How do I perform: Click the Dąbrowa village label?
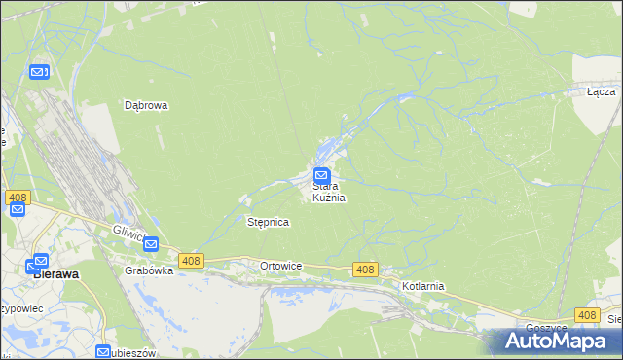pos(147,105)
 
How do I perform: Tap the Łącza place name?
pos(601,91)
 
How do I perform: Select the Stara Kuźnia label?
pos(329,192)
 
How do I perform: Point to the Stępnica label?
pos(268,222)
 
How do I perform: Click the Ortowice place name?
pos(281,266)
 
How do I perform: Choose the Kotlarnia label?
pos(422,286)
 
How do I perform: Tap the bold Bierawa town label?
pos(56,274)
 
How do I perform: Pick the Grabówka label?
pos(149,270)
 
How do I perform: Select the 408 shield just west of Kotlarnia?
pos(365,270)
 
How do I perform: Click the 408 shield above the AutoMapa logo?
pos(586,315)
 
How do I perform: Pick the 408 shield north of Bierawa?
pos(17,198)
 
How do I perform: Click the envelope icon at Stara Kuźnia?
pos(321,176)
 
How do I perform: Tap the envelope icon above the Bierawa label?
pos(40,261)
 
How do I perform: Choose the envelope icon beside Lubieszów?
pos(103,351)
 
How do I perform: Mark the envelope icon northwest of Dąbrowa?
pos(39,72)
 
